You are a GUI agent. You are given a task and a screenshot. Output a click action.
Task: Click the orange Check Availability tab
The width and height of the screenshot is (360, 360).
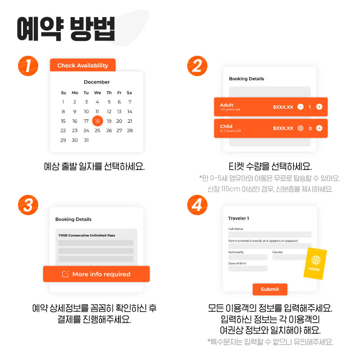tap(83, 65)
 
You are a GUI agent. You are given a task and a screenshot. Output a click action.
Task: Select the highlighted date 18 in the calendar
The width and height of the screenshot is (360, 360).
tap(97, 121)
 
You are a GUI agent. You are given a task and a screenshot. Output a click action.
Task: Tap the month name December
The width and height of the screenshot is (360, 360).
tap(97, 82)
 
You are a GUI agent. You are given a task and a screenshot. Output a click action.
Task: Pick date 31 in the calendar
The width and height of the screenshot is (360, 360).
tap(86, 140)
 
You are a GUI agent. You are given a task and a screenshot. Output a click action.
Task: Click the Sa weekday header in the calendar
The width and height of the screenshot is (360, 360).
tap(129, 93)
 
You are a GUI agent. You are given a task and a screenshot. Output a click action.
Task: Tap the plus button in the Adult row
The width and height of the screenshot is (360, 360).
tap(319, 107)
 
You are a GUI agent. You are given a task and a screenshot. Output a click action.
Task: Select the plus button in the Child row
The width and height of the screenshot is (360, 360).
tap(319, 128)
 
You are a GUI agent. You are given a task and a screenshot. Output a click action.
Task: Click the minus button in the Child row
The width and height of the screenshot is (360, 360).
tap(301, 128)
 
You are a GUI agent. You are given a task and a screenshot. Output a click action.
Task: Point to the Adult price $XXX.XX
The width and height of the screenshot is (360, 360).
tap(283, 107)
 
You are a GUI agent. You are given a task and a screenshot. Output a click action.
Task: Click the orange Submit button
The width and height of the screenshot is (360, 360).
tap(270, 289)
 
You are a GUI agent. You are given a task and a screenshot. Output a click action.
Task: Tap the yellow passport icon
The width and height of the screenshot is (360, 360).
tap(315, 263)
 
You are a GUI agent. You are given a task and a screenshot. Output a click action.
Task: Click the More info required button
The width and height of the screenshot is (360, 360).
tap(96, 274)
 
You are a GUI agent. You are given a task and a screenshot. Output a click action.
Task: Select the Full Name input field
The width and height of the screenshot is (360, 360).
tap(270, 234)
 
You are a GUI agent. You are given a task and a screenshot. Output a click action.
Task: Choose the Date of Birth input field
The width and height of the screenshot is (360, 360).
tap(247, 269)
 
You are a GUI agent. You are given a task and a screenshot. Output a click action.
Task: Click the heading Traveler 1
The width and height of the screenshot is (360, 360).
tap(238, 218)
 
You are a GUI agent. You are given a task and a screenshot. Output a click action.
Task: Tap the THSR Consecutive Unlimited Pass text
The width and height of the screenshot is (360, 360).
tap(87, 235)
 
